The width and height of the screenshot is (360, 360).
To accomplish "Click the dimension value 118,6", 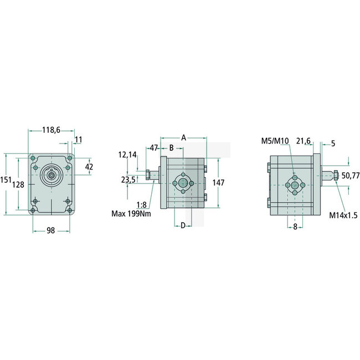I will click(x=51, y=131).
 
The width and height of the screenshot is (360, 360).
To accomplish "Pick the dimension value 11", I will click(x=79, y=140).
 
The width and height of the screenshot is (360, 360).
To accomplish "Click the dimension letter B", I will click(x=172, y=148).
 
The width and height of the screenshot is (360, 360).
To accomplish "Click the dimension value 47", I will click(x=154, y=148).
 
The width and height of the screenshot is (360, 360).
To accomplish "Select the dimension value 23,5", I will click(x=128, y=179).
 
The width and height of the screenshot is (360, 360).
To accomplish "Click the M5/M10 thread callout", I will click(x=275, y=141).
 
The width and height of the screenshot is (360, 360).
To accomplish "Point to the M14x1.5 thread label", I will click(x=344, y=214).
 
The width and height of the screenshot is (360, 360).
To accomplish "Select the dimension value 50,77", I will click(x=350, y=176).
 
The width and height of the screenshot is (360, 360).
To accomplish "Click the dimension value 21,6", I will click(x=304, y=141).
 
